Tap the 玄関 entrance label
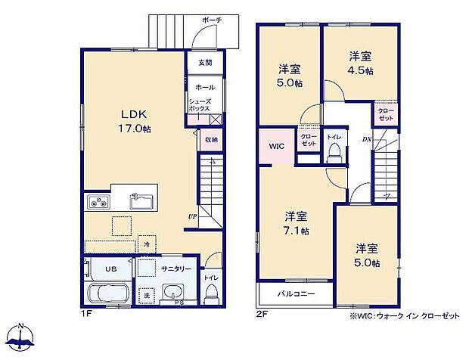205,63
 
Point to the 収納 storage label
211,139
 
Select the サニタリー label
175,268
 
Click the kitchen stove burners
100,202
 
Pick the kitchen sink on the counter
141,202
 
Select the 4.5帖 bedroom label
359,63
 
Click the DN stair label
365,138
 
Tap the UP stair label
193,216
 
